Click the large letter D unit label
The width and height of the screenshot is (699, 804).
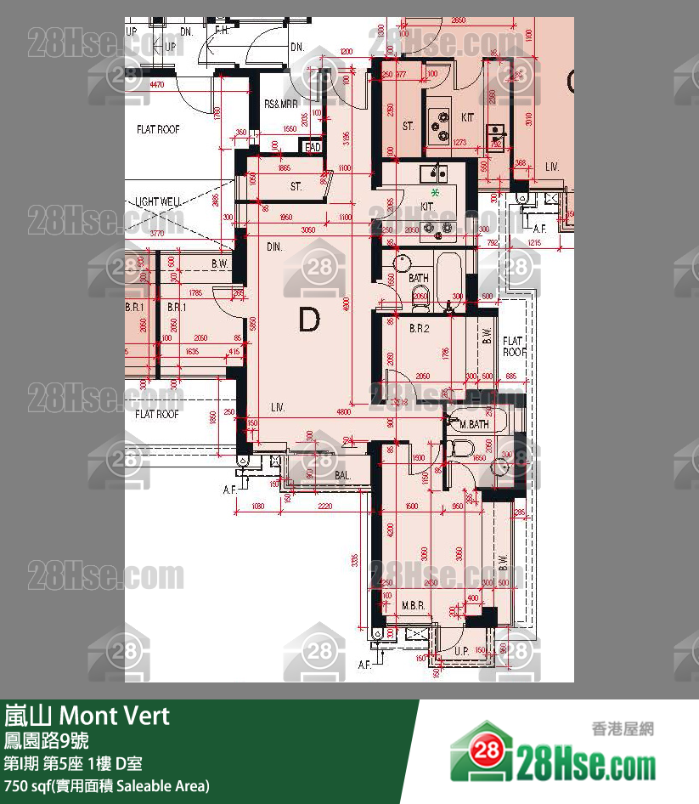coord(309,320)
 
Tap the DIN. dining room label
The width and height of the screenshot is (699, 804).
coord(274,246)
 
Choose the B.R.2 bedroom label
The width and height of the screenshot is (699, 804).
coord(417,328)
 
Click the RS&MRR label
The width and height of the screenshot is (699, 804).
coord(281,104)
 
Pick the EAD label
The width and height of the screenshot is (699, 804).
coord(313,147)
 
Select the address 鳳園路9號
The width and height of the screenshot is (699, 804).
coord(46,740)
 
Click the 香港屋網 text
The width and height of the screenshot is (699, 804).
coord(622,728)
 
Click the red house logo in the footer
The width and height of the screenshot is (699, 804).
coord(481,751)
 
